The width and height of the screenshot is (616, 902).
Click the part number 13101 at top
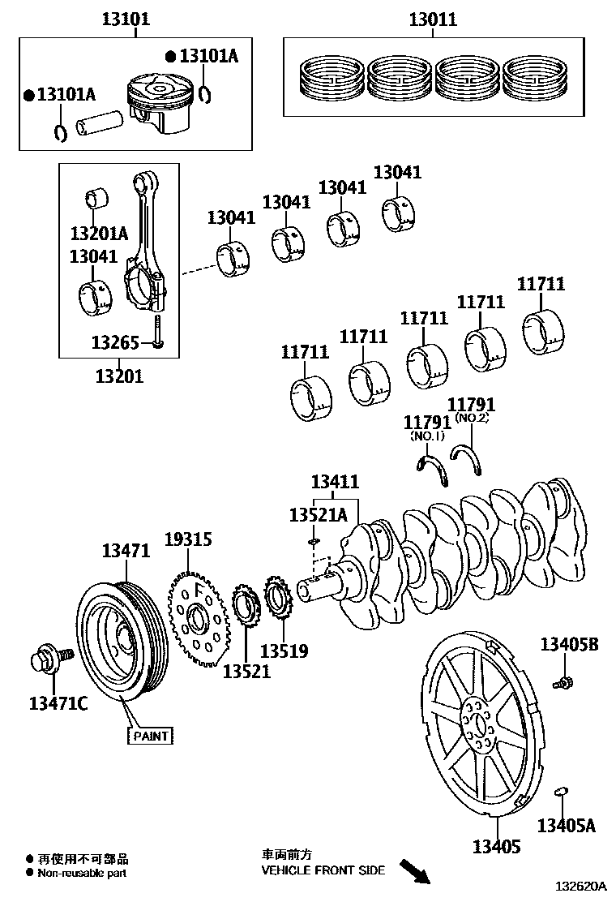point(125,18)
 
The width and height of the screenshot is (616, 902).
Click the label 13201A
point(99,234)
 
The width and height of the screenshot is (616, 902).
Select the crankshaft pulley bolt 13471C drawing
point(51,657)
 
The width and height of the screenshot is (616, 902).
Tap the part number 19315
point(188,539)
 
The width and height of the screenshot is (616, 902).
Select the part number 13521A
point(319,515)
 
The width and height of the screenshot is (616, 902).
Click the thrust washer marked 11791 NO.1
point(433,471)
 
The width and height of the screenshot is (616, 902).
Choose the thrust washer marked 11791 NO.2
point(472,458)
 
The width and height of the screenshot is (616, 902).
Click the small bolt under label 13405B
point(563,681)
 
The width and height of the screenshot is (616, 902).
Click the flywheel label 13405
point(497,848)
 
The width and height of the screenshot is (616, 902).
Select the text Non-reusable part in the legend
point(80,873)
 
